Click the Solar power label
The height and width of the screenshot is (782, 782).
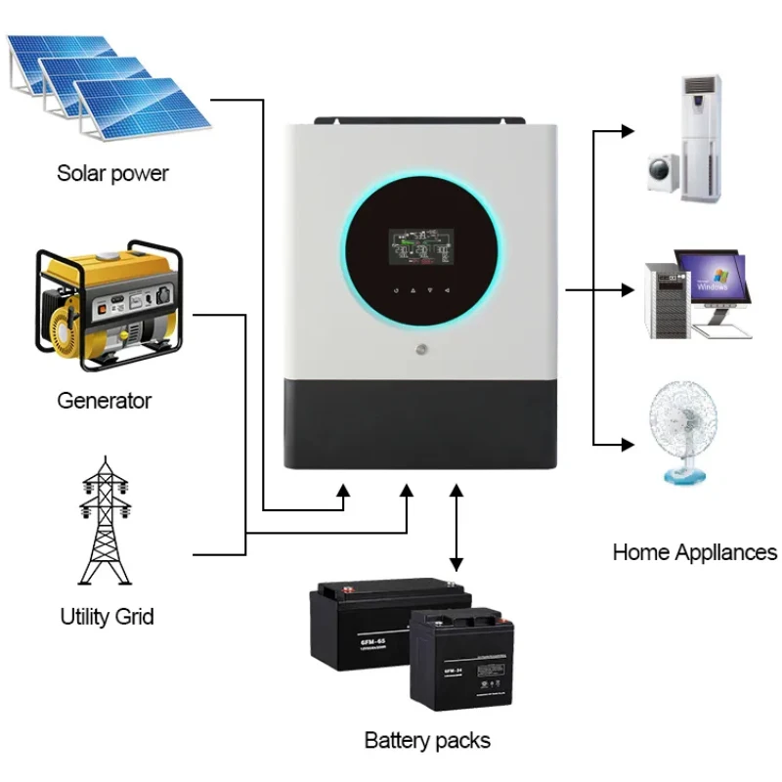(112, 174)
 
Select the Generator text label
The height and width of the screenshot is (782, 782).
(105, 401)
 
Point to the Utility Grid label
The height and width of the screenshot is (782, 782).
(107, 617)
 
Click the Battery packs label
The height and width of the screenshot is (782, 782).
(427, 740)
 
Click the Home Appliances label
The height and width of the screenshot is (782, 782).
(694, 552)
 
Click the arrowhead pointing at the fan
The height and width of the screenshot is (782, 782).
(628, 445)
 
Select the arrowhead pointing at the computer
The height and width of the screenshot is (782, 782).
(628, 289)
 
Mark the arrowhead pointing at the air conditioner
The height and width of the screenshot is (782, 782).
(628, 129)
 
